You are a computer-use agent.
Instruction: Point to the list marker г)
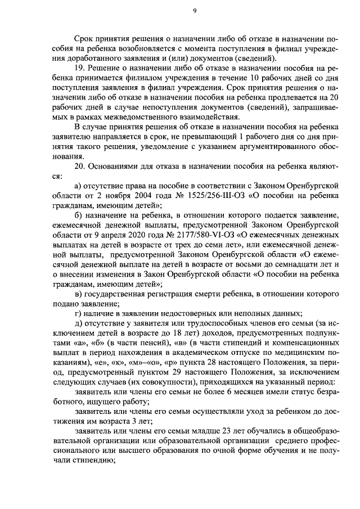pyautogui.click(x=78, y=313)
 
